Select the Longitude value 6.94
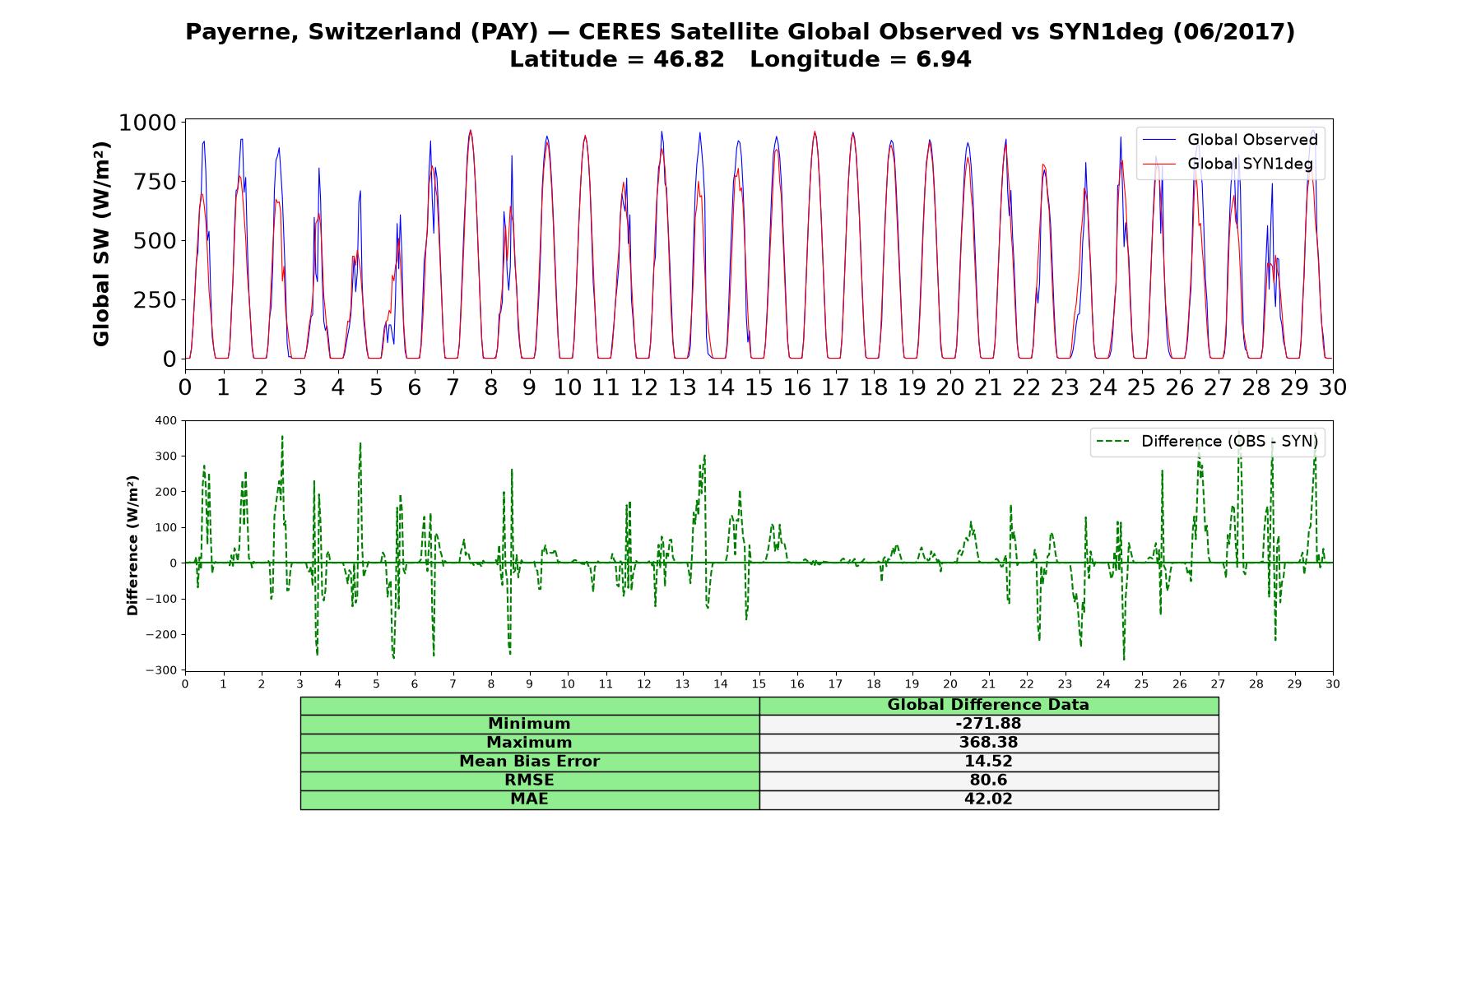944,59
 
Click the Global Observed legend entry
1230,140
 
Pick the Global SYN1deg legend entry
1228,164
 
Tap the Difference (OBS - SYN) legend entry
1207,442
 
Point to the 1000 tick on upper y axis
148,123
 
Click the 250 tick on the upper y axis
156,300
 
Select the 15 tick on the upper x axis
759,387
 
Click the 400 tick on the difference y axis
165,421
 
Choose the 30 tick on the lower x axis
1333,683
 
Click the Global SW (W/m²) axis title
102,243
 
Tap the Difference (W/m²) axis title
133,545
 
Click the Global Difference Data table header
988,705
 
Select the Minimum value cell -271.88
988,724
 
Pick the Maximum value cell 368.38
988,743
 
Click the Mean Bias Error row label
529,762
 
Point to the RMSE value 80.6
988,781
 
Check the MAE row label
529,799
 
